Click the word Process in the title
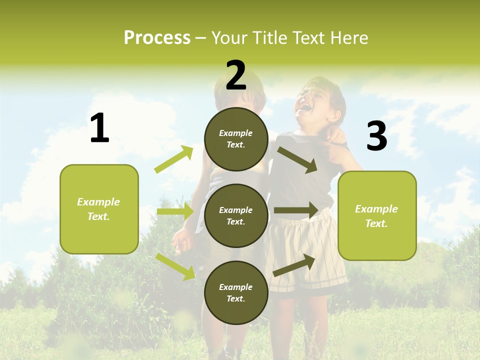157,38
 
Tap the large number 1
99,128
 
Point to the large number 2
236,75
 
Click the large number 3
376,136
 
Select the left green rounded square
99,209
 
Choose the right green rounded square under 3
377,216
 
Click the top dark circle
236,139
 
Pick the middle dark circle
236,215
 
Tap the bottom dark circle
236,293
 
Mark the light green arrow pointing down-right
175,266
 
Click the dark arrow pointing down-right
297,159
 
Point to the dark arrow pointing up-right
294,265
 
